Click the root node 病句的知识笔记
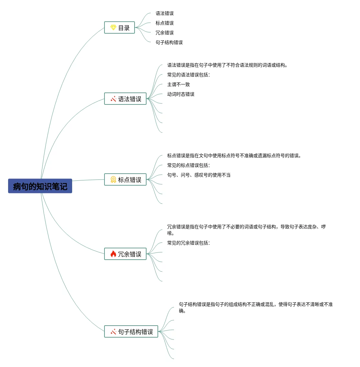pyautogui.click(x=40, y=186)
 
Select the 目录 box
pyautogui.click(x=120, y=28)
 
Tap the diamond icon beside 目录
pyautogui.click(x=113, y=27)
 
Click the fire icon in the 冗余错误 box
pyautogui.click(x=113, y=254)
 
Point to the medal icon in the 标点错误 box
pyautogui.click(x=113, y=180)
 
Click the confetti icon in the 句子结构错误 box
pyautogui.click(x=113, y=332)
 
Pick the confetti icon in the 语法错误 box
pyautogui.click(x=113, y=99)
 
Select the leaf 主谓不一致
pyautogui.click(x=179, y=85)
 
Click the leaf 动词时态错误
pyautogui.click(x=181, y=94)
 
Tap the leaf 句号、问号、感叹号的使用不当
pyautogui.click(x=199, y=175)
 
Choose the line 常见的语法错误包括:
pyautogui.click(x=188, y=75)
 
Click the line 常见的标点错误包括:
pyautogui.click(x=188, y=166)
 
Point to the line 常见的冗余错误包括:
pyautogui.click(x=188, y=243)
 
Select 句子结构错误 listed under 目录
pyautogui.click(x=169, y=43)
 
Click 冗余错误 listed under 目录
pyautogui.click(x=165, y=33)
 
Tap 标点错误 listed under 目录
pyautogui.click(x=165, y=23)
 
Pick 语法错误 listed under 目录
pyautogui.click(x=165, y=14)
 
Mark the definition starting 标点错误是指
pyautogui.click(x=234, y=156)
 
